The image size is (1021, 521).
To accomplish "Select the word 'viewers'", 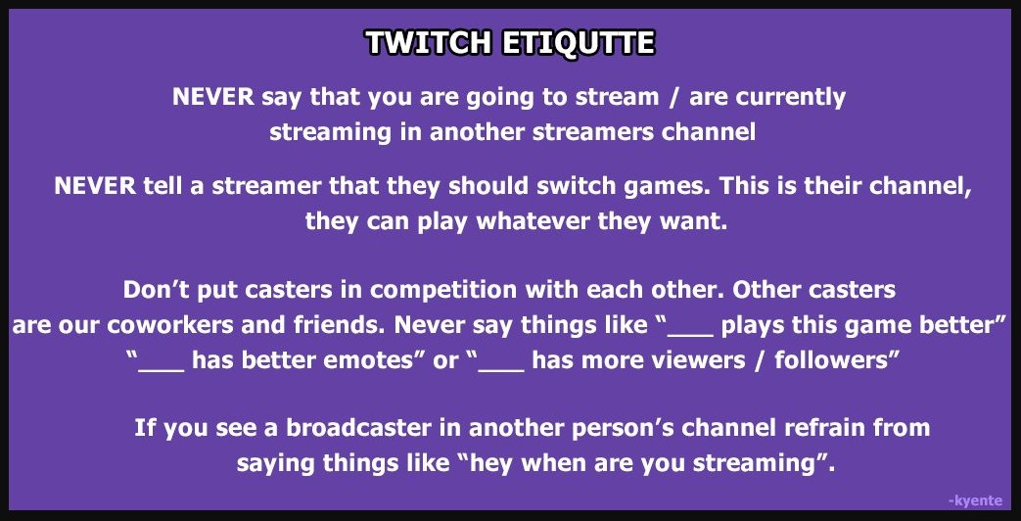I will [698, 359].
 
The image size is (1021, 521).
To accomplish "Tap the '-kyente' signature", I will [976, 500].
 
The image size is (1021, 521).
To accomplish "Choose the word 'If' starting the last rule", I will [145, 429].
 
